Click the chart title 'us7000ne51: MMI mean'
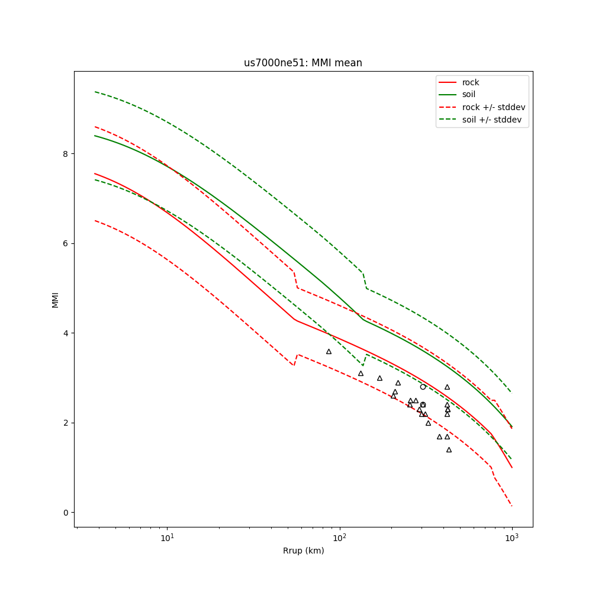pyautogui.click(x=303, y=63)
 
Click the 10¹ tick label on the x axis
pyautogui.click(x=168, y=538)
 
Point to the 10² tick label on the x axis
pyautogui.click(x=340, y=538)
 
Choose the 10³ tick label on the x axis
pyautogui.click(x=511, y=538)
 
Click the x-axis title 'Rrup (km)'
pyautogui.click(x=303, y=551)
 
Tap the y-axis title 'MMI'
pyautogui.click(x=55, y=299)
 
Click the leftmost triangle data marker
pyautogui.click(x=329, y=352)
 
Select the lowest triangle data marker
pyautogui.click(x=449, y=450)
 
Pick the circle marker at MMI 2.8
pyautogui.click(x=423, y=387)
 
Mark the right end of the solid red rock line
pyautogui.click(x=512, y=468)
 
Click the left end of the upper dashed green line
pyautogui.click(x=95, y=92)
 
